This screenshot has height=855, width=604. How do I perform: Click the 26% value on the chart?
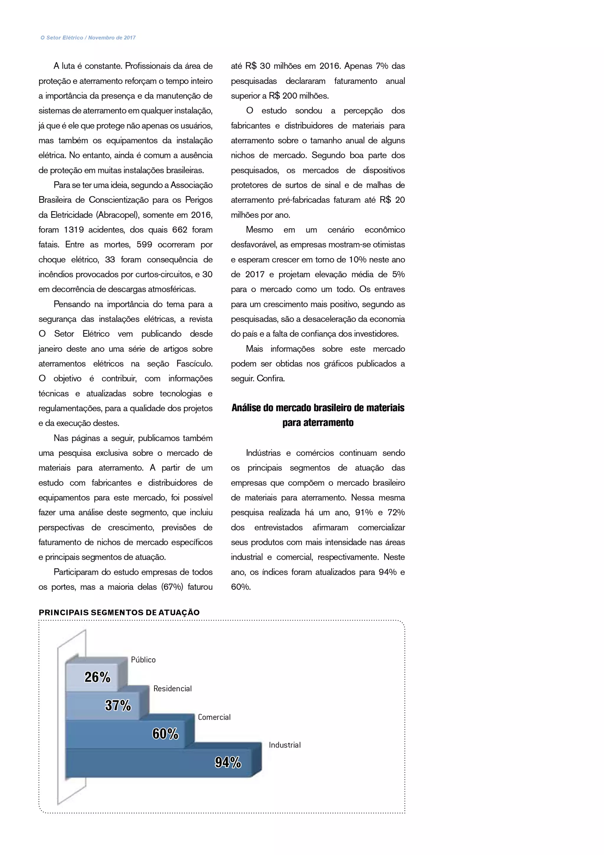[x=97, y=677]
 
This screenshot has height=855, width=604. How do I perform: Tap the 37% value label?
[x=118, y=706]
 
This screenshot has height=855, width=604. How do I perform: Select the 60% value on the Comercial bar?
[x=165, y=734]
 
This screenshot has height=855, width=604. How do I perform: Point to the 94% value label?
[x=228, y=763]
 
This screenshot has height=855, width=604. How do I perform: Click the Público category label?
[x=143, y=660]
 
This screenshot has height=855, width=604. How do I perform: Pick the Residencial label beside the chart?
[x=173, y=689]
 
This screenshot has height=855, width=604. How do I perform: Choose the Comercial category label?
[x=214, y=717]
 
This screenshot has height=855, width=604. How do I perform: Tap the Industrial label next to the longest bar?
[x=285, y=745]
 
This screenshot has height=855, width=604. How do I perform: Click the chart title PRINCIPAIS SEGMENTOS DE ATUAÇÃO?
[x=119, y=613]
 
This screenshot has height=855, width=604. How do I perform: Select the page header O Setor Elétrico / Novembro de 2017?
[x=88, y=37]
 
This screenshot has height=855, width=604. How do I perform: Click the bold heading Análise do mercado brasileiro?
[x=318, y=408]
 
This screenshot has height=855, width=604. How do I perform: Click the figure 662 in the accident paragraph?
[x=180, y=230]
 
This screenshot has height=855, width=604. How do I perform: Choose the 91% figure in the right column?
[x=364, y=513]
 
